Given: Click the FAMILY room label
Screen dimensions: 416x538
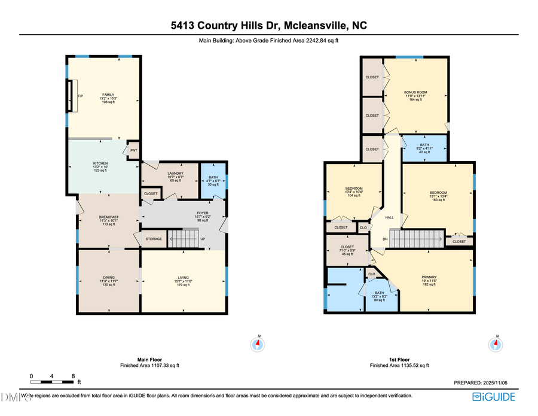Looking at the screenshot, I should tap(108, 95).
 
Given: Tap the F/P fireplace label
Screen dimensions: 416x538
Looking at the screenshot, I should tap(80, 97).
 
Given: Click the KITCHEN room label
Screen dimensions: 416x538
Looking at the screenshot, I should tap(99, 163).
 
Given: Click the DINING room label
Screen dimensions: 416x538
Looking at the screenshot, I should tap(109, 277).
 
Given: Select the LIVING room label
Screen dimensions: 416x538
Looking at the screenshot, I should tap(184, 277).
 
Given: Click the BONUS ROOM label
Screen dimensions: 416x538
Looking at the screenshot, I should tap(415, 92).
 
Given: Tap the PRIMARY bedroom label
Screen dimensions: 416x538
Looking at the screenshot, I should tap(430, 277).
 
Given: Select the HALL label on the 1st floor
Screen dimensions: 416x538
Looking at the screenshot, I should tap(389, 217).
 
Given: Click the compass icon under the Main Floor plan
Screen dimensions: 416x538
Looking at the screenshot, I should tap(258, 344).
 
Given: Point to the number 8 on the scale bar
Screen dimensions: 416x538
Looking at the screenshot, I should tap(73, 376).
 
